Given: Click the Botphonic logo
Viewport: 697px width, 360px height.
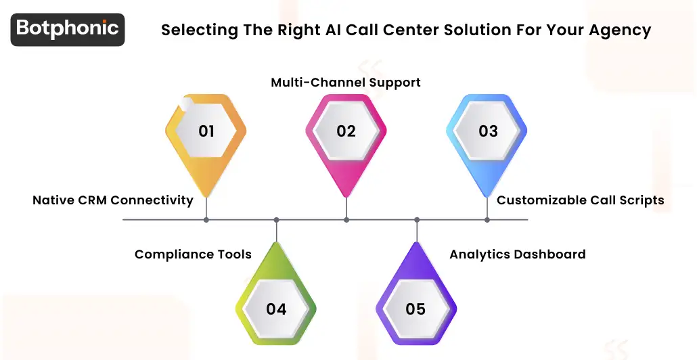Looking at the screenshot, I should pyautogui.click(x=68, y=29).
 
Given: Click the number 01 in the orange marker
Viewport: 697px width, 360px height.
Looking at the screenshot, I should pyautogui.click(x=206, y=131).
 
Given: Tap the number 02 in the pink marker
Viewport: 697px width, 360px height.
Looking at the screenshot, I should pyautogui.click(x=346, y=131).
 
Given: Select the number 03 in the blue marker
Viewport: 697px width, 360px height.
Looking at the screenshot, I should pyautogui.click(x=488, y=131).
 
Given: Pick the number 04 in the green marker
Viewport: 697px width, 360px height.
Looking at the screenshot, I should pyautogui.click(x=276, y=309).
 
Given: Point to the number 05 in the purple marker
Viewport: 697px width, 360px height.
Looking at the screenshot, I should pyautogui.click(x=415, y=309).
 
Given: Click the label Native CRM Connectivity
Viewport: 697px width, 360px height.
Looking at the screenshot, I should pyautogui.click(x=113, y=200).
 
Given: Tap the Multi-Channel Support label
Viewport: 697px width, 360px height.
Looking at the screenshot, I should pyautogui.click(x=346, y=83).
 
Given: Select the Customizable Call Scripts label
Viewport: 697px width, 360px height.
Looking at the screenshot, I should pyautogui.click(x=580, y=200).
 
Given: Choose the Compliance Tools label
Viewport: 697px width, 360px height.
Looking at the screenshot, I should pyautogui.click(x=193, y=255).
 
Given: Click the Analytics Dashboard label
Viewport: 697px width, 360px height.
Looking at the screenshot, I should pyautogui.click(x=518, y=255).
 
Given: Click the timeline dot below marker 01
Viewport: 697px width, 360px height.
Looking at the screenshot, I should pyautogui.click(x=206, y=220).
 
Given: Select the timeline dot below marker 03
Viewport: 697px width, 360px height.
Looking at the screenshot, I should pyautogui.click(x=487, y=220).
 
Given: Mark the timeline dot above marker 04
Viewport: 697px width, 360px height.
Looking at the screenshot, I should pyautogui.click(x=276, y=220).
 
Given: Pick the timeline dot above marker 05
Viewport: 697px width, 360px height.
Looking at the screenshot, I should pyautogui.click(x=416, y=220).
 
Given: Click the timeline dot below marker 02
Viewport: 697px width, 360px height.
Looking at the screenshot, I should pyautogui.click(x=346, y=220).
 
